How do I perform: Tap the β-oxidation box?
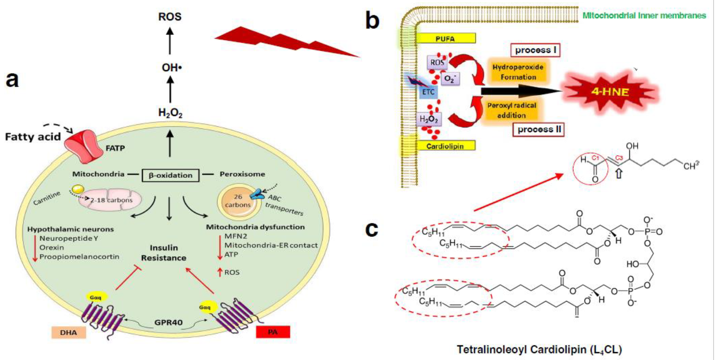point(170,175)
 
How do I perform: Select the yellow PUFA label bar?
point(445,38)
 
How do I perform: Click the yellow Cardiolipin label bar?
point(445,146)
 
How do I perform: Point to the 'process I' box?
point(536,50)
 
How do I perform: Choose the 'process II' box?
point(539,130)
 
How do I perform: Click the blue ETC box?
point(428,92)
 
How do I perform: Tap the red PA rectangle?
point(273,332)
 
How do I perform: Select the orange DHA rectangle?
point(68,332)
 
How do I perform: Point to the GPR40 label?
point(168,322)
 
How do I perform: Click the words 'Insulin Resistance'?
point(164,253)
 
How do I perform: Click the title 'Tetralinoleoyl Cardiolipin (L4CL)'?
point(539,349)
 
